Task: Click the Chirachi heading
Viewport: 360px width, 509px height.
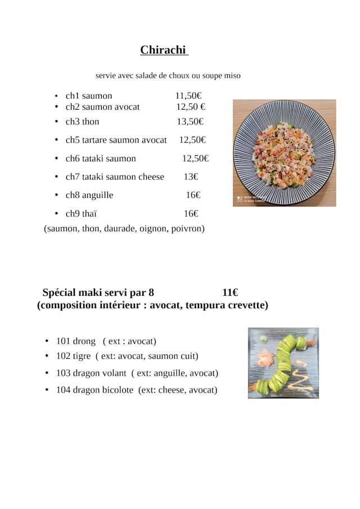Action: coord(163,50)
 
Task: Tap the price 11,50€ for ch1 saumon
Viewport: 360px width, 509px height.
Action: coord(188,96)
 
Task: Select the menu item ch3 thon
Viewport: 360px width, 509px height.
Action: coord(82,121)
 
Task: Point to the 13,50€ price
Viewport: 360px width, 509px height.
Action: coord(190,121)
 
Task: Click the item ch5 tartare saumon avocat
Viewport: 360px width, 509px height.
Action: coord(116,140)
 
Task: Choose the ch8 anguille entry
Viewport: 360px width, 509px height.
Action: coord(89,195)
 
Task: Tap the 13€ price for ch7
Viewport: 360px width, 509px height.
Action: coord(191,177)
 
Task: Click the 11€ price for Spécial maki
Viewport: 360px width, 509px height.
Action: coord(229,292)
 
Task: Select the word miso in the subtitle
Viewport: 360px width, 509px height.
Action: coord(232,75)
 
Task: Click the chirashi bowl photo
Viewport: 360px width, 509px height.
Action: coord(284,153)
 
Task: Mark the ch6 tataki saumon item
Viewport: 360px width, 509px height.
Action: coord(101,159)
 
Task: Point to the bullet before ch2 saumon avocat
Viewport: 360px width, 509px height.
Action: coord(57,107)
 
